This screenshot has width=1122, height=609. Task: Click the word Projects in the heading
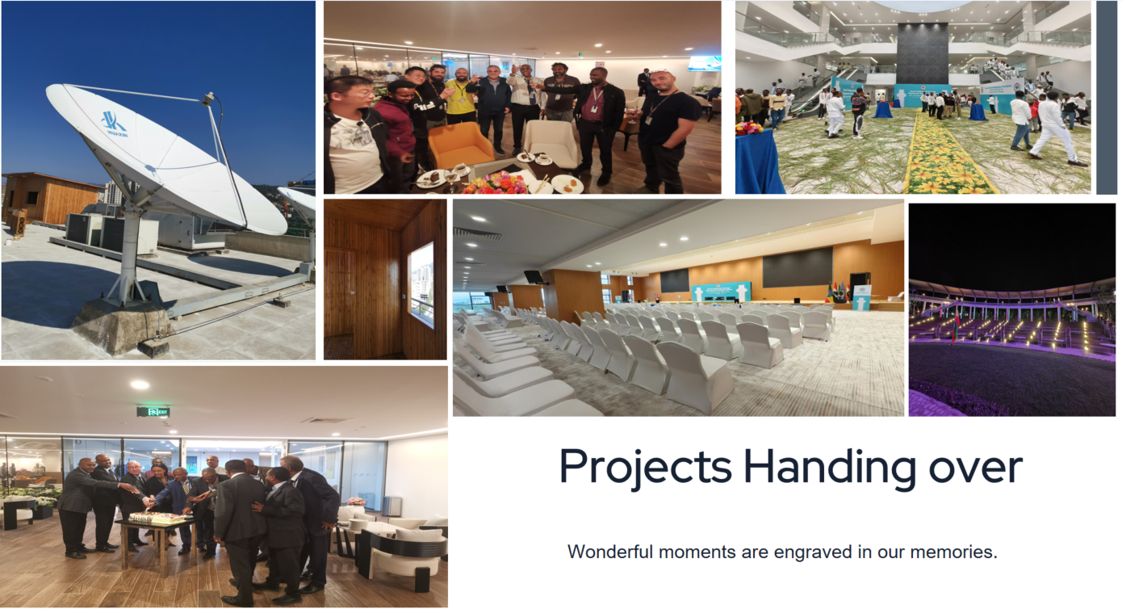[645, 467]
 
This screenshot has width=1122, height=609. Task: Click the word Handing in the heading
[830, 467]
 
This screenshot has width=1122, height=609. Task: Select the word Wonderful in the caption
[610, 552]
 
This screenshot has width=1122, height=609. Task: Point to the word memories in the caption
[954, 552]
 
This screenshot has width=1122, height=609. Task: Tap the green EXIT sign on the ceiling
[153, 412]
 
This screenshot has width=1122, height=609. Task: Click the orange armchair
[460, 145]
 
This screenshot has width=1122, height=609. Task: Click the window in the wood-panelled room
[421, 284]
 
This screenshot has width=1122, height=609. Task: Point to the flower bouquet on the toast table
[496, 184]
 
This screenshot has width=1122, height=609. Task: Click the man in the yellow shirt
[460, 96]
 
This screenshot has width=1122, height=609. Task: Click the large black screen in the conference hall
[798, 267]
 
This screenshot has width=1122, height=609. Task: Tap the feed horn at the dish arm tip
[209, 99]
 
